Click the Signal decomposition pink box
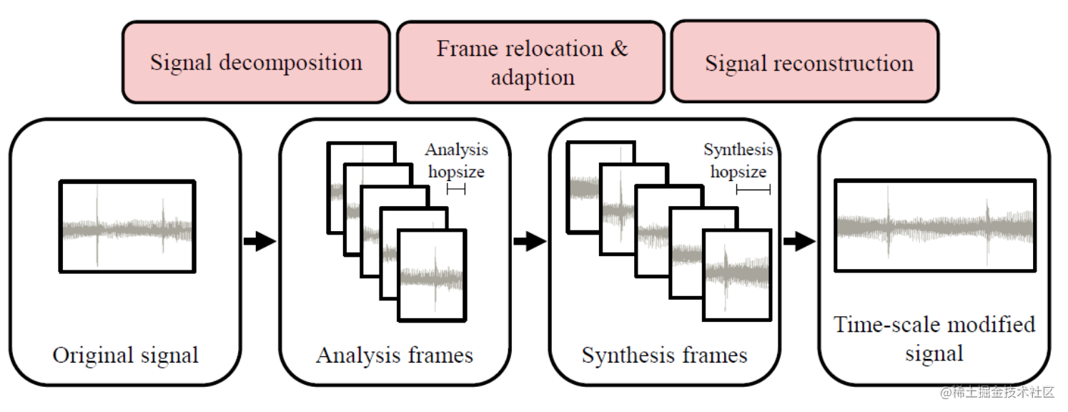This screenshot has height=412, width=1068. click(x=256, y=62)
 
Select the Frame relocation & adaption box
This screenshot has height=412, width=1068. click(x=532, y=62)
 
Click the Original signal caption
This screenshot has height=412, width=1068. click(x=126, y=355)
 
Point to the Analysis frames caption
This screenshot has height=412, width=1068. click(x=395, y=355)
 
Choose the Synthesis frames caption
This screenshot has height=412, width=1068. click(x=664, y=355)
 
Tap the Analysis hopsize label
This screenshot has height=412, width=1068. click(x=456, y=160)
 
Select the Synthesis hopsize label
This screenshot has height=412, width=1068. click(x=738, y=160)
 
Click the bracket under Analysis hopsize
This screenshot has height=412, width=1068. click(x=456, y=189)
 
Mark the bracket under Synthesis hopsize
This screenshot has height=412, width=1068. click(x=753, y=190)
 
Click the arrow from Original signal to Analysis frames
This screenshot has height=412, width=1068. click(x=259, y=242)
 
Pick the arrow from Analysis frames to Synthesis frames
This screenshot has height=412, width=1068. click(x=529, y=242)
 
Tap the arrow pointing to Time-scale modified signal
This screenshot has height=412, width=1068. click(x=798, y=242)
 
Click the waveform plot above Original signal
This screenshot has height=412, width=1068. click(x=128, y=226)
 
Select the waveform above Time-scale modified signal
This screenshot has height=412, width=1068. click(x=934, y=225)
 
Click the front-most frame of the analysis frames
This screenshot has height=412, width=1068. click(x=432, y=275)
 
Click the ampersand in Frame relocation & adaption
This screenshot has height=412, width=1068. click(x=618, y=49)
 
